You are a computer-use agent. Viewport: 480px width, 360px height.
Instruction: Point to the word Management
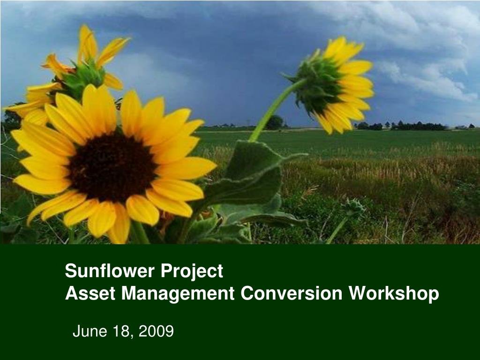[178, 293]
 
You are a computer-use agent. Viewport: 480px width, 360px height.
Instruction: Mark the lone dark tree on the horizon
[275, 122]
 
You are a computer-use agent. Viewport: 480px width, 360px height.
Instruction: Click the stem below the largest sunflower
[139, 232]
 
